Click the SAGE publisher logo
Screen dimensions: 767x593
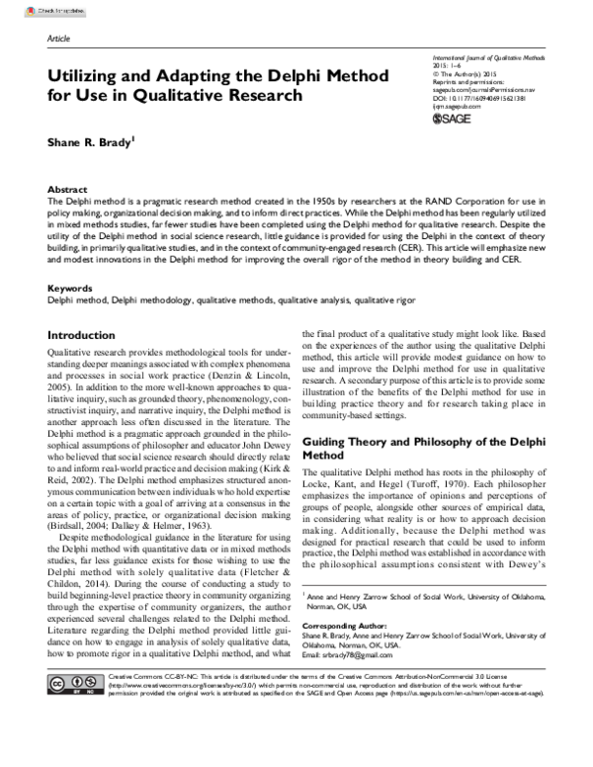pyautogui.click(x=454, y=120)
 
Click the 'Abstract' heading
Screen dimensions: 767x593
pyautogui.click(x=67, y=188)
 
